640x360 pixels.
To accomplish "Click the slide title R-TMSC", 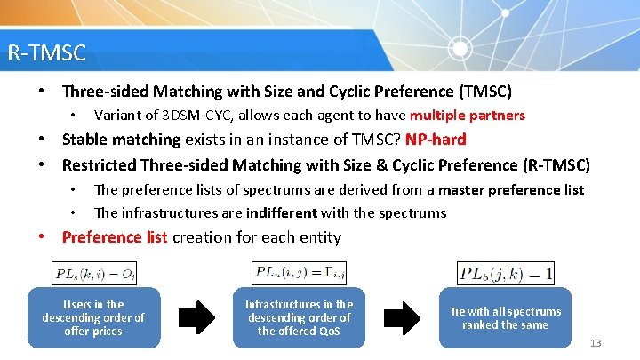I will (x=46, y=53).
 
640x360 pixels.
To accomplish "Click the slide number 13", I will (x=596, y=343).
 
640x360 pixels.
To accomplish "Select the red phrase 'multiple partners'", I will (x=468, y=116).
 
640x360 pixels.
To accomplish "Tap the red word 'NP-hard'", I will (x=436, y=140).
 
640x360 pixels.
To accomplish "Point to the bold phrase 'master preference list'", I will (x=511, y=189).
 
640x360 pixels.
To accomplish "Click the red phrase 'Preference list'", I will (x=114, y=237).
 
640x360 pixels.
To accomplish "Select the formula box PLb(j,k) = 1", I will (x=506, y=273).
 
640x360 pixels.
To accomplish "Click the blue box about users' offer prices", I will (x=93, y=317).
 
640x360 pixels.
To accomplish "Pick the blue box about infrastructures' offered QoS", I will (x=299, y=317).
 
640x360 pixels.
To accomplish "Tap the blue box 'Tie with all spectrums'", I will (x=505, y=317).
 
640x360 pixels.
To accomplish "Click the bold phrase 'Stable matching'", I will (x=121, y=140).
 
